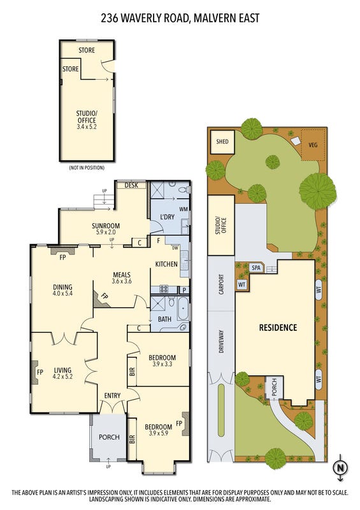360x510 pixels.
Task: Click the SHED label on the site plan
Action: [222, 142]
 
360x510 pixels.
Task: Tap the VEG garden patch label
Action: [313, 145]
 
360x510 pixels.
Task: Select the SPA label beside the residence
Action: [256, 268]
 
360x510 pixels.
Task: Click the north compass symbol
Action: [340, 468]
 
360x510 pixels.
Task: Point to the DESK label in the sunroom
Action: [131, 185]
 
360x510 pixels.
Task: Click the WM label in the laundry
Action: [184, 209]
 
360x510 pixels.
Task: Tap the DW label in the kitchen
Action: [175, 248]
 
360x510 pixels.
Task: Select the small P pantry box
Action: [184, 290]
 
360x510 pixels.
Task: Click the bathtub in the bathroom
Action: [183, 308]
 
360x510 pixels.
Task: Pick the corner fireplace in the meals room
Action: [101, 299]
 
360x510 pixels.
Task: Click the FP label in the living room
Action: [40, 372]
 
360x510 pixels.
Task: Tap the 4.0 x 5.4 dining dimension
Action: [63, 293]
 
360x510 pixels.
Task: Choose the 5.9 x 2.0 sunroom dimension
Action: [106, 232]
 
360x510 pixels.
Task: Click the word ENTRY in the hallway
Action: [113, 395]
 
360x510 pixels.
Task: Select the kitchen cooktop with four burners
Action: [164, 289]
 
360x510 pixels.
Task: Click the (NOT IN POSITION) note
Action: [87, 168]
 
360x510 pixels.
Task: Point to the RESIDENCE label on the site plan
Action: [278, 327]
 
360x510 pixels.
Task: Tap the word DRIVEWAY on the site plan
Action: [222, 342]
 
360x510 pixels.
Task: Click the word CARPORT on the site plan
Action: [222, 284]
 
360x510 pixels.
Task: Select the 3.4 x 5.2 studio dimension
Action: [87, 127]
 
